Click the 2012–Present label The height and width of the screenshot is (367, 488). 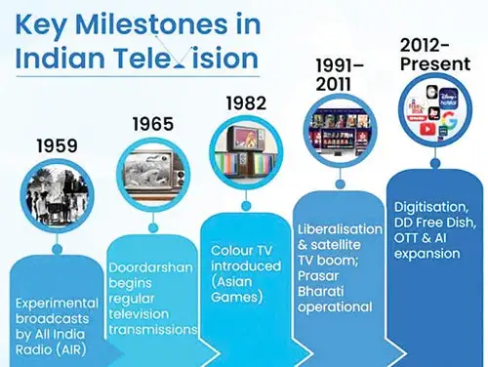tap(435, 55)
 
